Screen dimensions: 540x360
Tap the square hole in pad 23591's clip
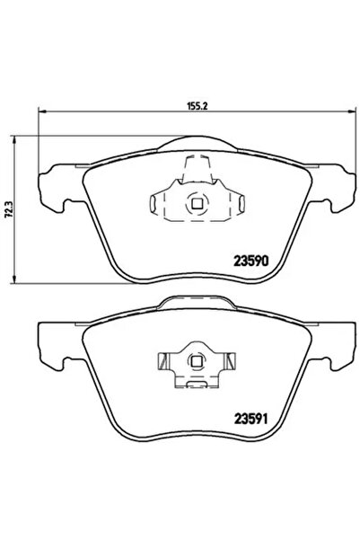[196, 362]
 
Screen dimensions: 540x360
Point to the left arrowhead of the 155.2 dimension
[40, 112]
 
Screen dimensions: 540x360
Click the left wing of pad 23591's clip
[164, 364]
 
